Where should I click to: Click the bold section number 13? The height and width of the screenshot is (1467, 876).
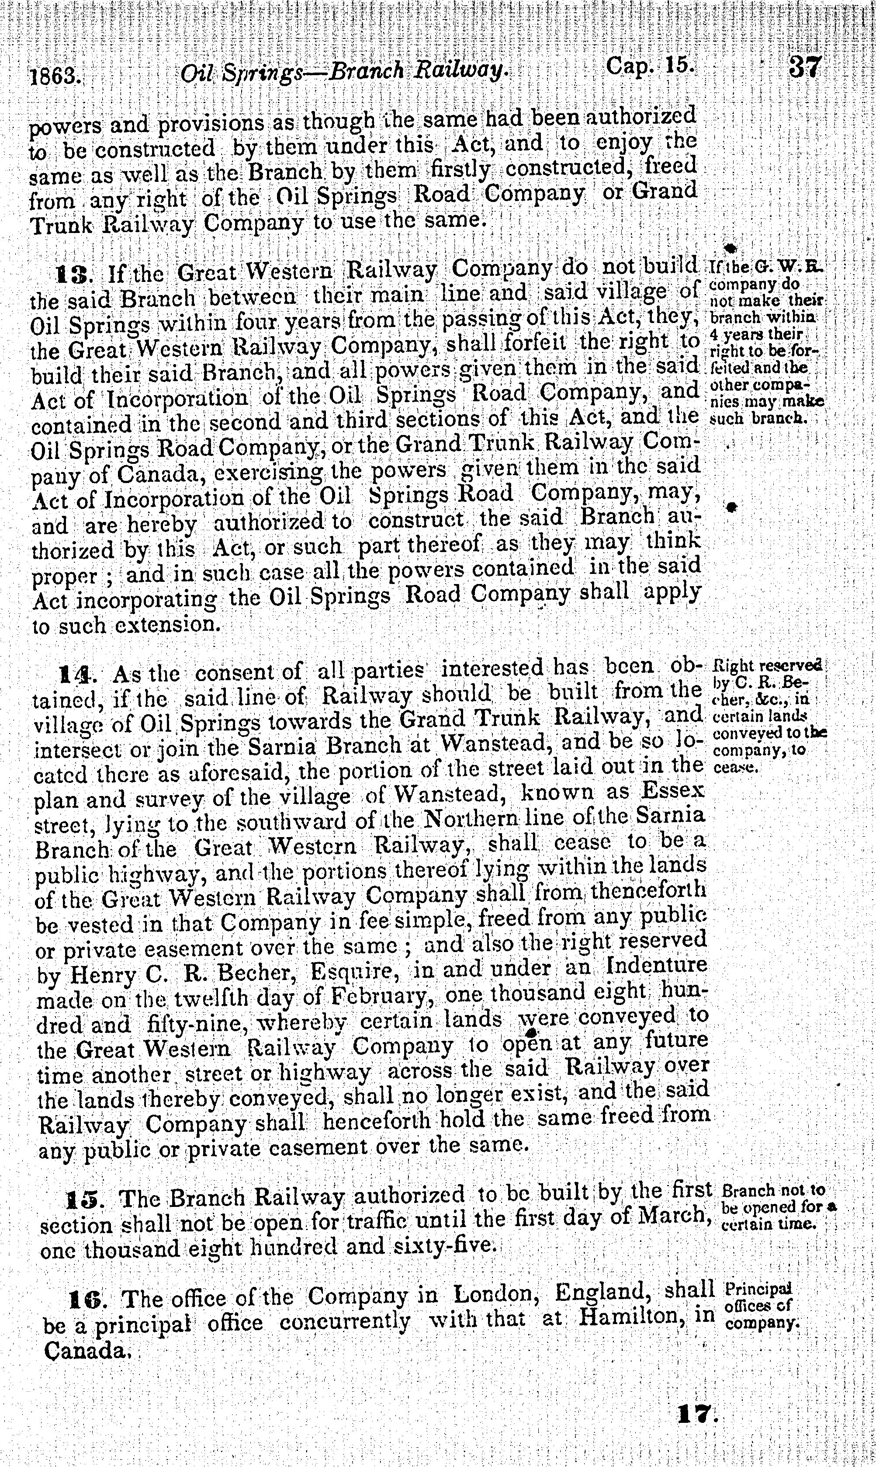point(74,274)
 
